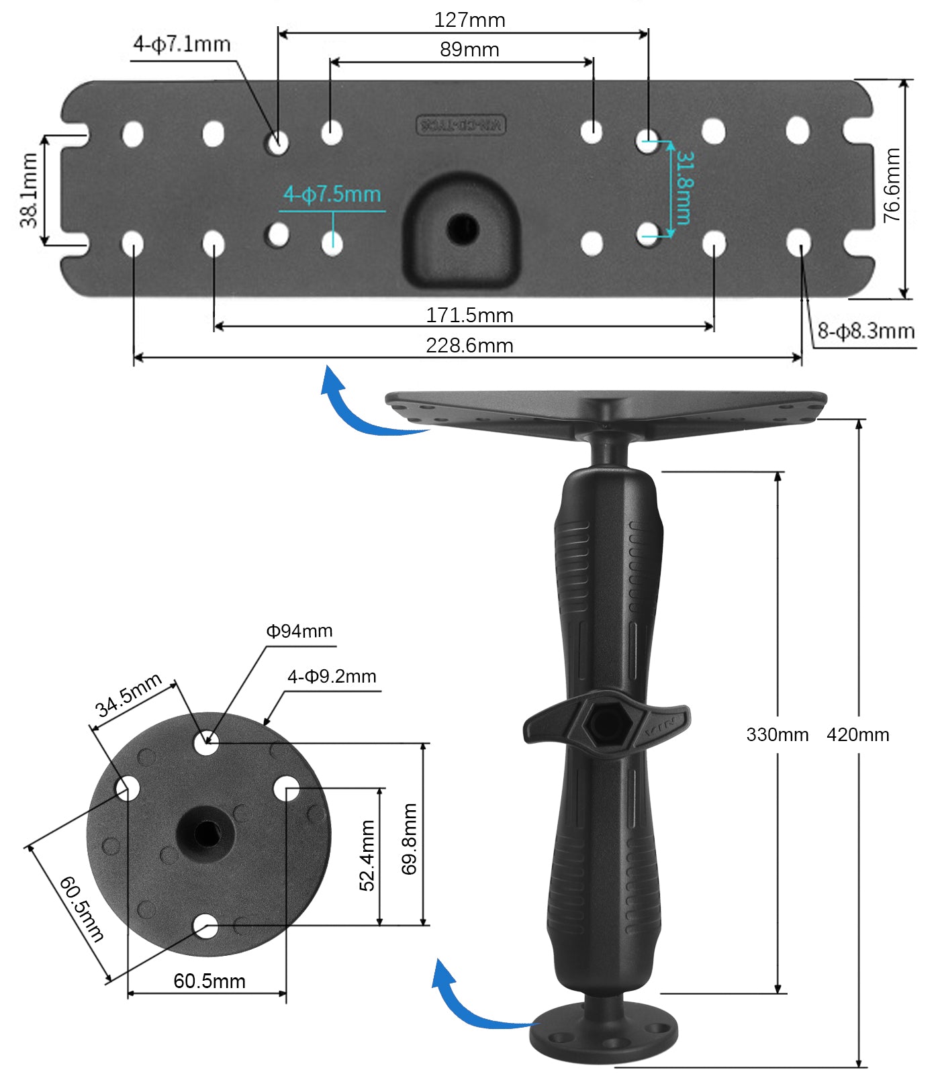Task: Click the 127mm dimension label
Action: pos(469,20)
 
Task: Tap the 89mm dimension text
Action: pos(469,50)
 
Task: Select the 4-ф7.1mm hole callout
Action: pos(181,45)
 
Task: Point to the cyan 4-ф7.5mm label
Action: pos(332,195)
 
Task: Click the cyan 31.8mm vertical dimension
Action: pos(684,187)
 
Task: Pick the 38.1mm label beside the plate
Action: pos(30,191)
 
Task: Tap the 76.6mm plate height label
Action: pos(892,186)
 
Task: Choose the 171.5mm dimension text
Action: pos(469,315)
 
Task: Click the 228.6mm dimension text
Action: pos(469,346)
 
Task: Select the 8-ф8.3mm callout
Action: pos(865,331)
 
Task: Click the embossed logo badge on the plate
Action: pos(461,125)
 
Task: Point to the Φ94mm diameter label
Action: pos(299,631)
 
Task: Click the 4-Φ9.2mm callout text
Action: pos(332,677)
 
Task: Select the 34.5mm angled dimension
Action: pos(128,695)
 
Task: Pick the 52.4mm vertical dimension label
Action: pos(367,855)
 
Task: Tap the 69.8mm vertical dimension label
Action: pos(410,839)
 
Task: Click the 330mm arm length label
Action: pos(777,734)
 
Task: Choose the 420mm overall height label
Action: pos(857,734)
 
